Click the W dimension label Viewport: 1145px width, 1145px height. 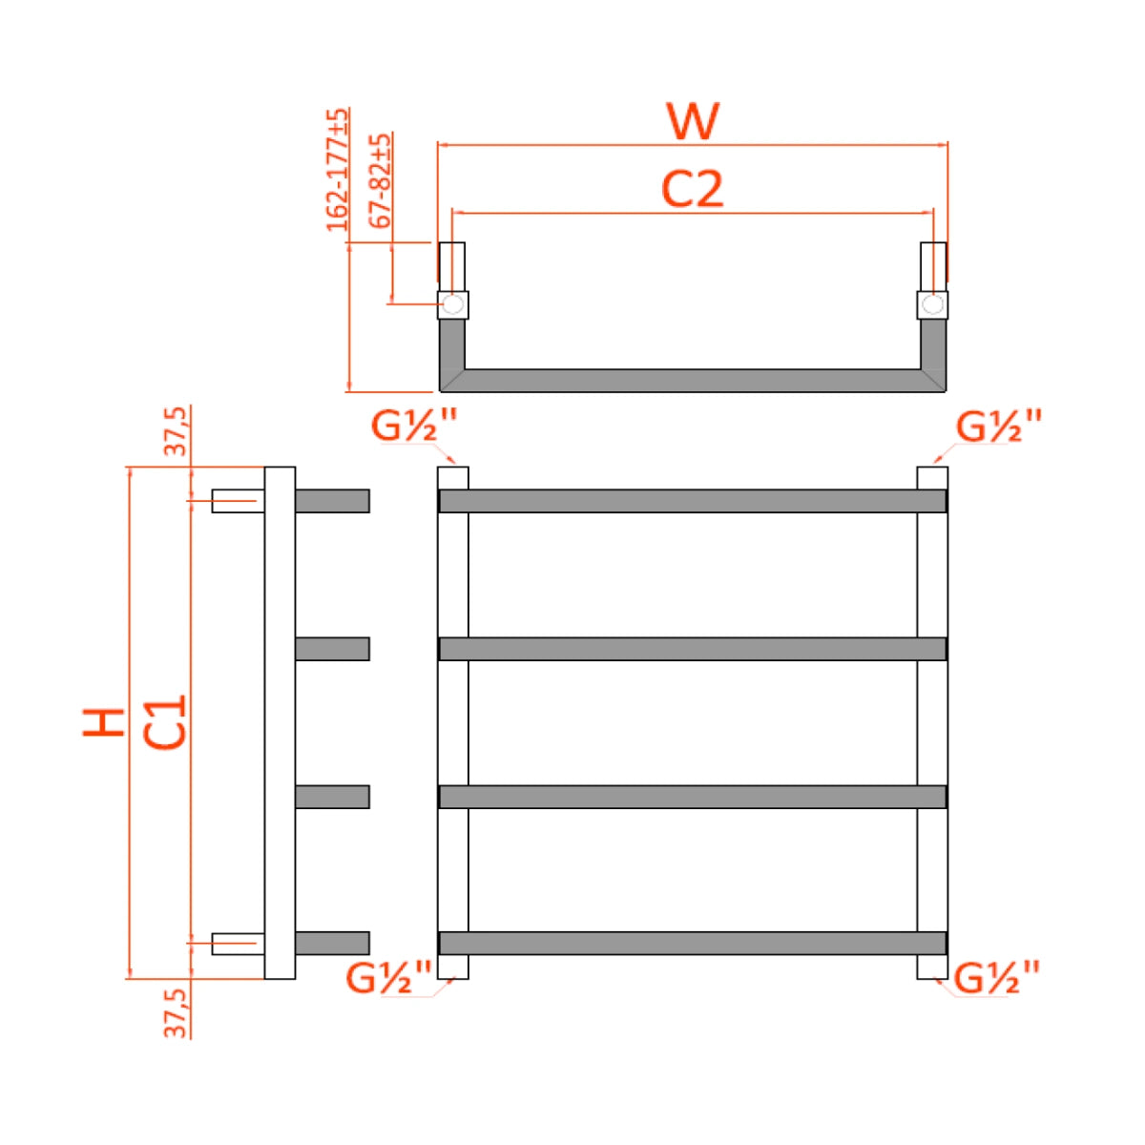point(693,121)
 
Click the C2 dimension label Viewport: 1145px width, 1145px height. point(693,189)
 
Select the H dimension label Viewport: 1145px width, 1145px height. point(104,722)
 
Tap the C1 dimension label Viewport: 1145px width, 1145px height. point(165,722)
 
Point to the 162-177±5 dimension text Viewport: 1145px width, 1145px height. point(338,170)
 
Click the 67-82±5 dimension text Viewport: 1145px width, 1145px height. point(381,180)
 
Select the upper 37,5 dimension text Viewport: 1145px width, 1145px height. point(177,431)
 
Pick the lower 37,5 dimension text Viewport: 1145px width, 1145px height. point(177,1011)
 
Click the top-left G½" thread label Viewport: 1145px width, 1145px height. point(414,426)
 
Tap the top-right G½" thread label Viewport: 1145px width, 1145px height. point(999,426)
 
